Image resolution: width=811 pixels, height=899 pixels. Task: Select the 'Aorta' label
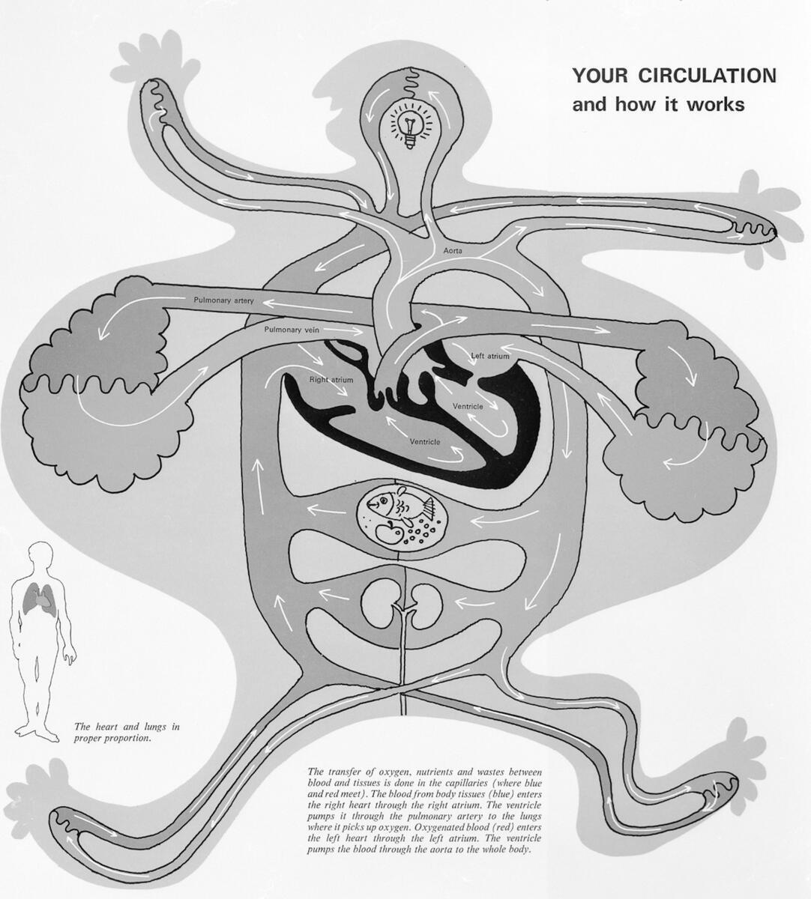[x=453, y=251]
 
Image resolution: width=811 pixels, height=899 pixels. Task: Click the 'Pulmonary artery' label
[x=223, y=300]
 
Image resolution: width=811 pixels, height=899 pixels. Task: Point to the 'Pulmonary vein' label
[x=292, y=330]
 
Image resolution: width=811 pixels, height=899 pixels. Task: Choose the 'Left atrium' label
[x=490, y=357]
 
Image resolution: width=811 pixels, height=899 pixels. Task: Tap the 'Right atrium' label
[x=331, y=380]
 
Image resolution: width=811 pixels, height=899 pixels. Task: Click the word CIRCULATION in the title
[x=708, y=76]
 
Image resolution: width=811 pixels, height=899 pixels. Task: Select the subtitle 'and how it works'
[x=659, y=105]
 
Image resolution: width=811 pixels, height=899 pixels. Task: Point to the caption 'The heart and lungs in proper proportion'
[x=127, y=732]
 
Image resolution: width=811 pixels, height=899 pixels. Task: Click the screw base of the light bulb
[x=409, y=143]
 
